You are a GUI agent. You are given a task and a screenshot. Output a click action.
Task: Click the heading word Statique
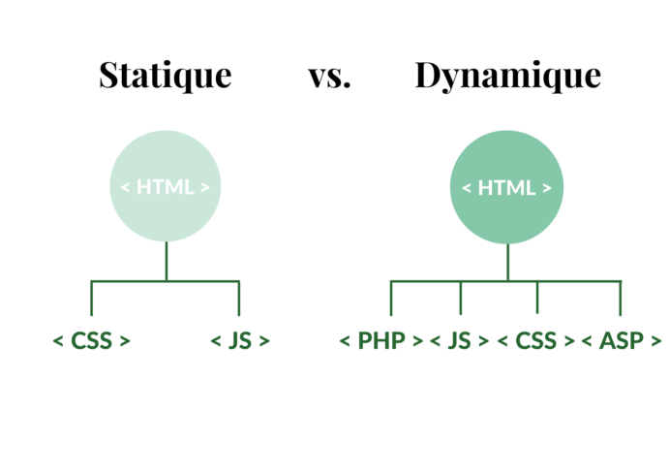[166, 76]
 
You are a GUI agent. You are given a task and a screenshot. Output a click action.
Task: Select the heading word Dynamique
[507, 76]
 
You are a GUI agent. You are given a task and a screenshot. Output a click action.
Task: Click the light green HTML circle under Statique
[166, 186]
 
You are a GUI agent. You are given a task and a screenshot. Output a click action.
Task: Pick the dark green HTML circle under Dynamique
[506, 188]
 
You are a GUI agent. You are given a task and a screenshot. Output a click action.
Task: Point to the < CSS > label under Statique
[92, 340]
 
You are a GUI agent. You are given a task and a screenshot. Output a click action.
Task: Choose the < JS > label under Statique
[239, 340]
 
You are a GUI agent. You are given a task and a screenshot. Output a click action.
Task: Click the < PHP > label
[381, 340]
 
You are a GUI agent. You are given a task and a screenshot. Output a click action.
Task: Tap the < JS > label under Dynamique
[459, 340]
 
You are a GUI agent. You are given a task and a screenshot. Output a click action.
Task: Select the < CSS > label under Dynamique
[536, 340]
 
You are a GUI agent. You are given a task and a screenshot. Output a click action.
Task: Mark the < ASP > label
[621, 340]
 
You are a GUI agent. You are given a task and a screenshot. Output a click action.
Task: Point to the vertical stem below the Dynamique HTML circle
[506, 263]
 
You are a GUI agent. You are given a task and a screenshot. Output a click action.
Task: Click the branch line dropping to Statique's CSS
[91, 299]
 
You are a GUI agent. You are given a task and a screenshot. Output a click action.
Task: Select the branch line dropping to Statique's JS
[239, 299]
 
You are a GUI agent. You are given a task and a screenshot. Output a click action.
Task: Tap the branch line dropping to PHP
[391, 299]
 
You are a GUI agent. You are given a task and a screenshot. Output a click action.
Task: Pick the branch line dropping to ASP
[621, 299]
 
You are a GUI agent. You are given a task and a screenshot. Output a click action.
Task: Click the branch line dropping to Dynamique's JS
[460, 299]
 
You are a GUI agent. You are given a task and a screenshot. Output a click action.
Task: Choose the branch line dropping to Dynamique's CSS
[537, 299]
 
